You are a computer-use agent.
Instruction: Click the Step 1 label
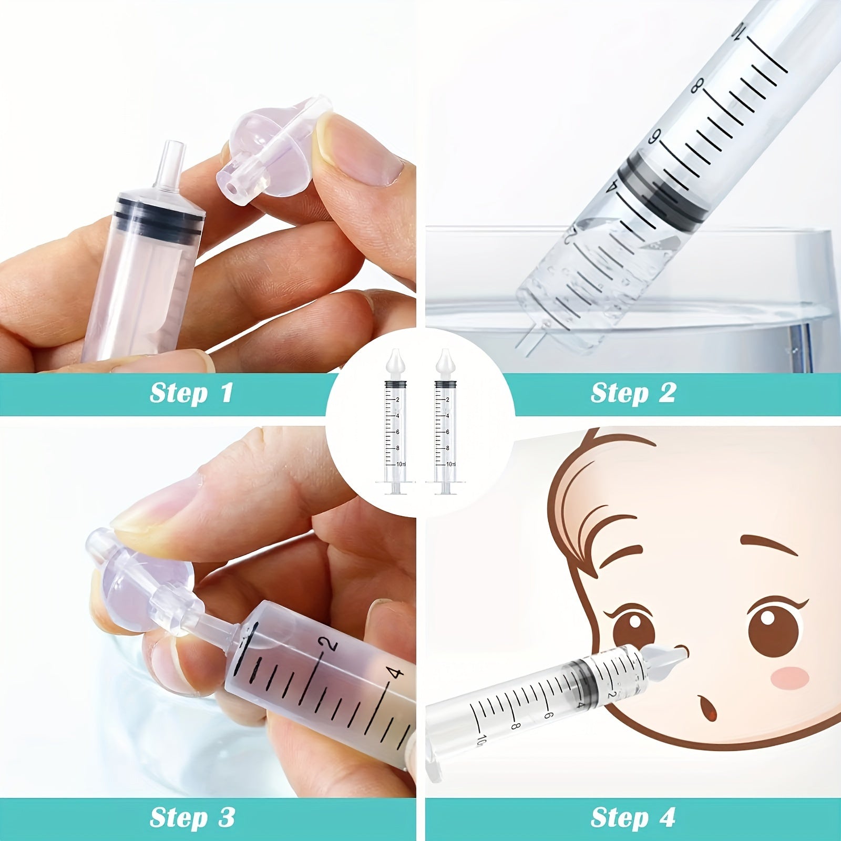click(191, 393)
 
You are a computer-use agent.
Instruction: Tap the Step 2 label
click(633, 393)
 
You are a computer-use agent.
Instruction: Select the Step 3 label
click(192, 817)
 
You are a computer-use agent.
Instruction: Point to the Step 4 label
click(633, 817)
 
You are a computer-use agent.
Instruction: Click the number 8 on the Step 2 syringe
click(698, 86)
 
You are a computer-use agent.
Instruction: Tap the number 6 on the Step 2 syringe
click(655, 137)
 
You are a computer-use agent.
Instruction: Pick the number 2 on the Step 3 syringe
click(329, 644)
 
